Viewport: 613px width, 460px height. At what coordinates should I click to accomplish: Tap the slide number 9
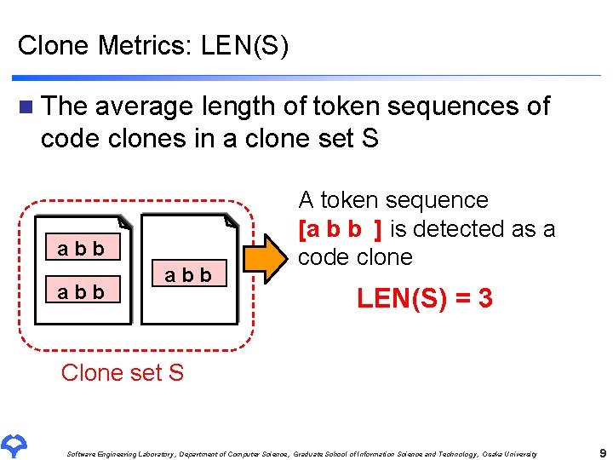tap(602, 453)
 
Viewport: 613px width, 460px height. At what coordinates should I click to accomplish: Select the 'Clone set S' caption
tap(123, 372)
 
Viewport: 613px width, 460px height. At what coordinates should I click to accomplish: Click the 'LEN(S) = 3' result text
tap(425, 298)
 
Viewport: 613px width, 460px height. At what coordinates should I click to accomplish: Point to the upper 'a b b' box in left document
tap(81, 249)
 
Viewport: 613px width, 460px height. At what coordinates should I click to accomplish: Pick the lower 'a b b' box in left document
tap(81, 291)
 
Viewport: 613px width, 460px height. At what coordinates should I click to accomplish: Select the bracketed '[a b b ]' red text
tap(341, 229)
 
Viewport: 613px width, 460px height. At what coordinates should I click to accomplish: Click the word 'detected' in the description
tap(457, 229)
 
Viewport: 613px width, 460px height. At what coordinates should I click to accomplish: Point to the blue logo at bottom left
tap(15, 444)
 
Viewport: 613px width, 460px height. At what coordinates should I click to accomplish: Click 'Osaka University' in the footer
tap(510, 454)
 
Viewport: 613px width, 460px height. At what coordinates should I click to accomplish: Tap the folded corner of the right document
tap(231, 223)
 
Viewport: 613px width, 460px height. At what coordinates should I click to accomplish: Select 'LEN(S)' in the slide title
tap(245, 45)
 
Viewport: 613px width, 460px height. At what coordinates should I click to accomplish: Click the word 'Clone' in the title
tap(53, 45)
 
